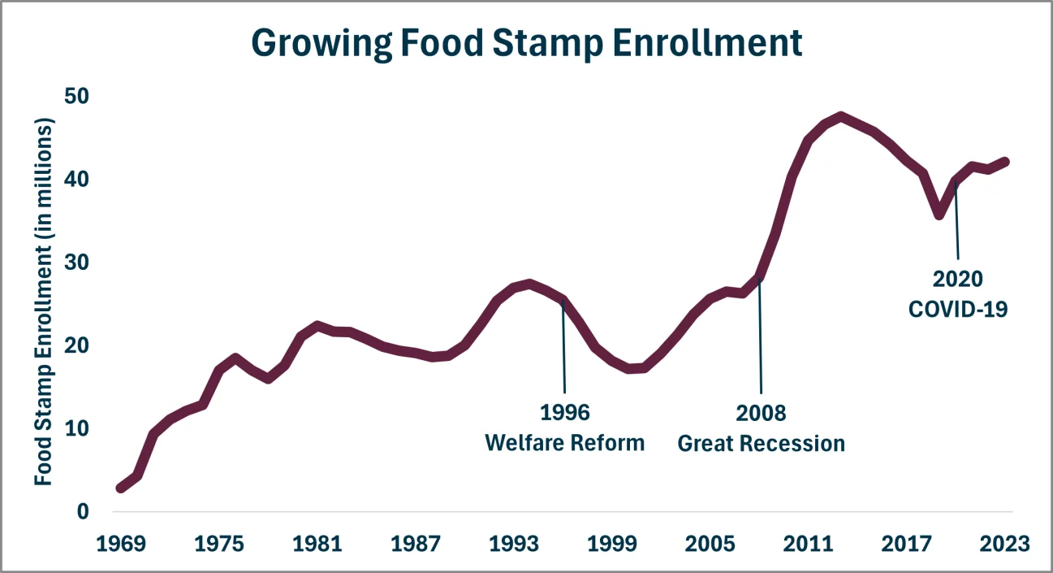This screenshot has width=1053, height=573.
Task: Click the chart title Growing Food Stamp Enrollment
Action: tap(526, 42)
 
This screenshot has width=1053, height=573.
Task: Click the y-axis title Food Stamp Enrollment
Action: tap(44, 302)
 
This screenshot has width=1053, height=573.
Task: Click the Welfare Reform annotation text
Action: tap(564, 443)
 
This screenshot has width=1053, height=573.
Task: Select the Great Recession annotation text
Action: tap(761, 444)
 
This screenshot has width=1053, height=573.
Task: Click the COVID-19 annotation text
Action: tap(958, 309)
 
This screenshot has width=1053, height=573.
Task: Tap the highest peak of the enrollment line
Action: tap(841, 117)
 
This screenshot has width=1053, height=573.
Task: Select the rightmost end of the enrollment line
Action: tap(1005, 161)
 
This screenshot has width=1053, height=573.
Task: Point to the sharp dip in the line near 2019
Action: tap(939, 215)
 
